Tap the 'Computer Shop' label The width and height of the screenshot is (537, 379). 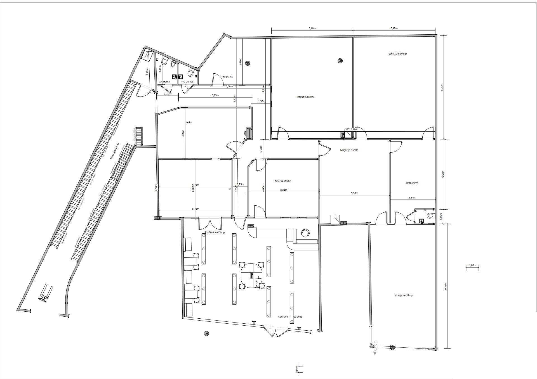click(404, 295)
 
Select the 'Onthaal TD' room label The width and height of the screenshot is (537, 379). click(412, 183)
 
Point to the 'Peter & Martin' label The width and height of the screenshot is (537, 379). click(283, 181)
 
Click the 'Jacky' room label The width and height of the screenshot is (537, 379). click(188, 122)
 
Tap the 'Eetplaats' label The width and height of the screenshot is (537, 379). click(228, 76)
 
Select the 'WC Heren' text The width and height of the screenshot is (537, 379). click(164, 82)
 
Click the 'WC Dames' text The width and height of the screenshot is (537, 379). click(187, 82)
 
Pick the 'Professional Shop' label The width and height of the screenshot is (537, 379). click(215, 232)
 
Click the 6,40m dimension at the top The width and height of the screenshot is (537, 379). click(312, 28)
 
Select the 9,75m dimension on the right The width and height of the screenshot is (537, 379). click(446, 286)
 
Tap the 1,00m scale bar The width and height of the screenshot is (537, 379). click(472, 265)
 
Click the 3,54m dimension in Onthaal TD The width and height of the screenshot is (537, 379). click(412, 198)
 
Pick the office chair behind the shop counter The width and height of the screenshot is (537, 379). click(305, 233)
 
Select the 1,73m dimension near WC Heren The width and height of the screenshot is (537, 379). click(167, 94)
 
